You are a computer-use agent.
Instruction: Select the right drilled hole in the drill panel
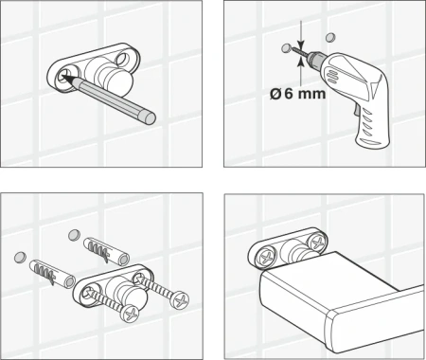330,37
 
